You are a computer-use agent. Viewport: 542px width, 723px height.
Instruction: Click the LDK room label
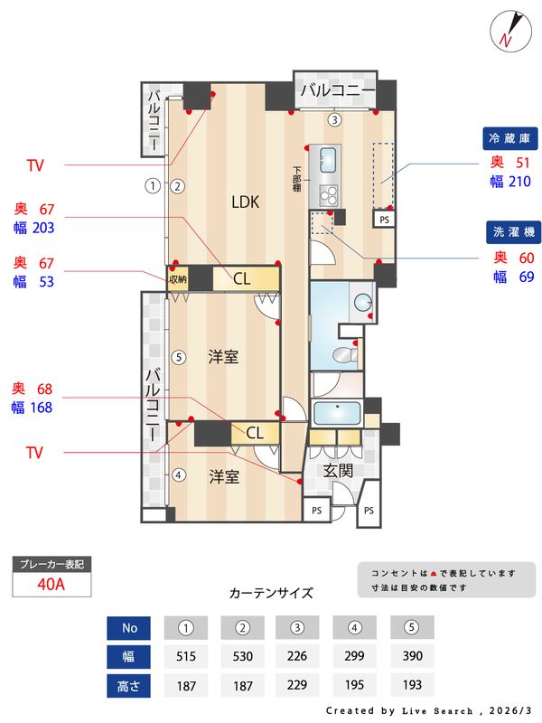(x=244, y=202)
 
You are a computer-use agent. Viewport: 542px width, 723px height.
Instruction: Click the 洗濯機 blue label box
(x=512, y=231)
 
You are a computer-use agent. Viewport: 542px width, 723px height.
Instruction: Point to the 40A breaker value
(x=51, y=584)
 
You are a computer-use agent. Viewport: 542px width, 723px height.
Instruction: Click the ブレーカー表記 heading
(x=51, y=564)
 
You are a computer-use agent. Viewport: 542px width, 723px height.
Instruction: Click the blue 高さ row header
(x=129, y=685)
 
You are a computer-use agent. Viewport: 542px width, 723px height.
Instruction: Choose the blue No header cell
(x=129, y=627)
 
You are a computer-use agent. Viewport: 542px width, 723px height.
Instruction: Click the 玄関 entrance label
(x=340, y=469)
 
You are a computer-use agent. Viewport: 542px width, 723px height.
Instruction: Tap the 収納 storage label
(x=178, y=278)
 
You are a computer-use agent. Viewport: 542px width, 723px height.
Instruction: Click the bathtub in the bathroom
(x=337, y=414)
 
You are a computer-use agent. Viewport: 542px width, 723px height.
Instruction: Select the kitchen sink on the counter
(x=325, y=161)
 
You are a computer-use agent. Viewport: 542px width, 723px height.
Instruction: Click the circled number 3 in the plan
(x=334, y=119)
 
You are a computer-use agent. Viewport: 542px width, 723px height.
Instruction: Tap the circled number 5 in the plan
(x=179, y=357)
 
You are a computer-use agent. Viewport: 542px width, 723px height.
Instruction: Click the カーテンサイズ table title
(x=271, y=594)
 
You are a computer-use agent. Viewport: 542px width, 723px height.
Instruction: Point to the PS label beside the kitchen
(x=384, y=219)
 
